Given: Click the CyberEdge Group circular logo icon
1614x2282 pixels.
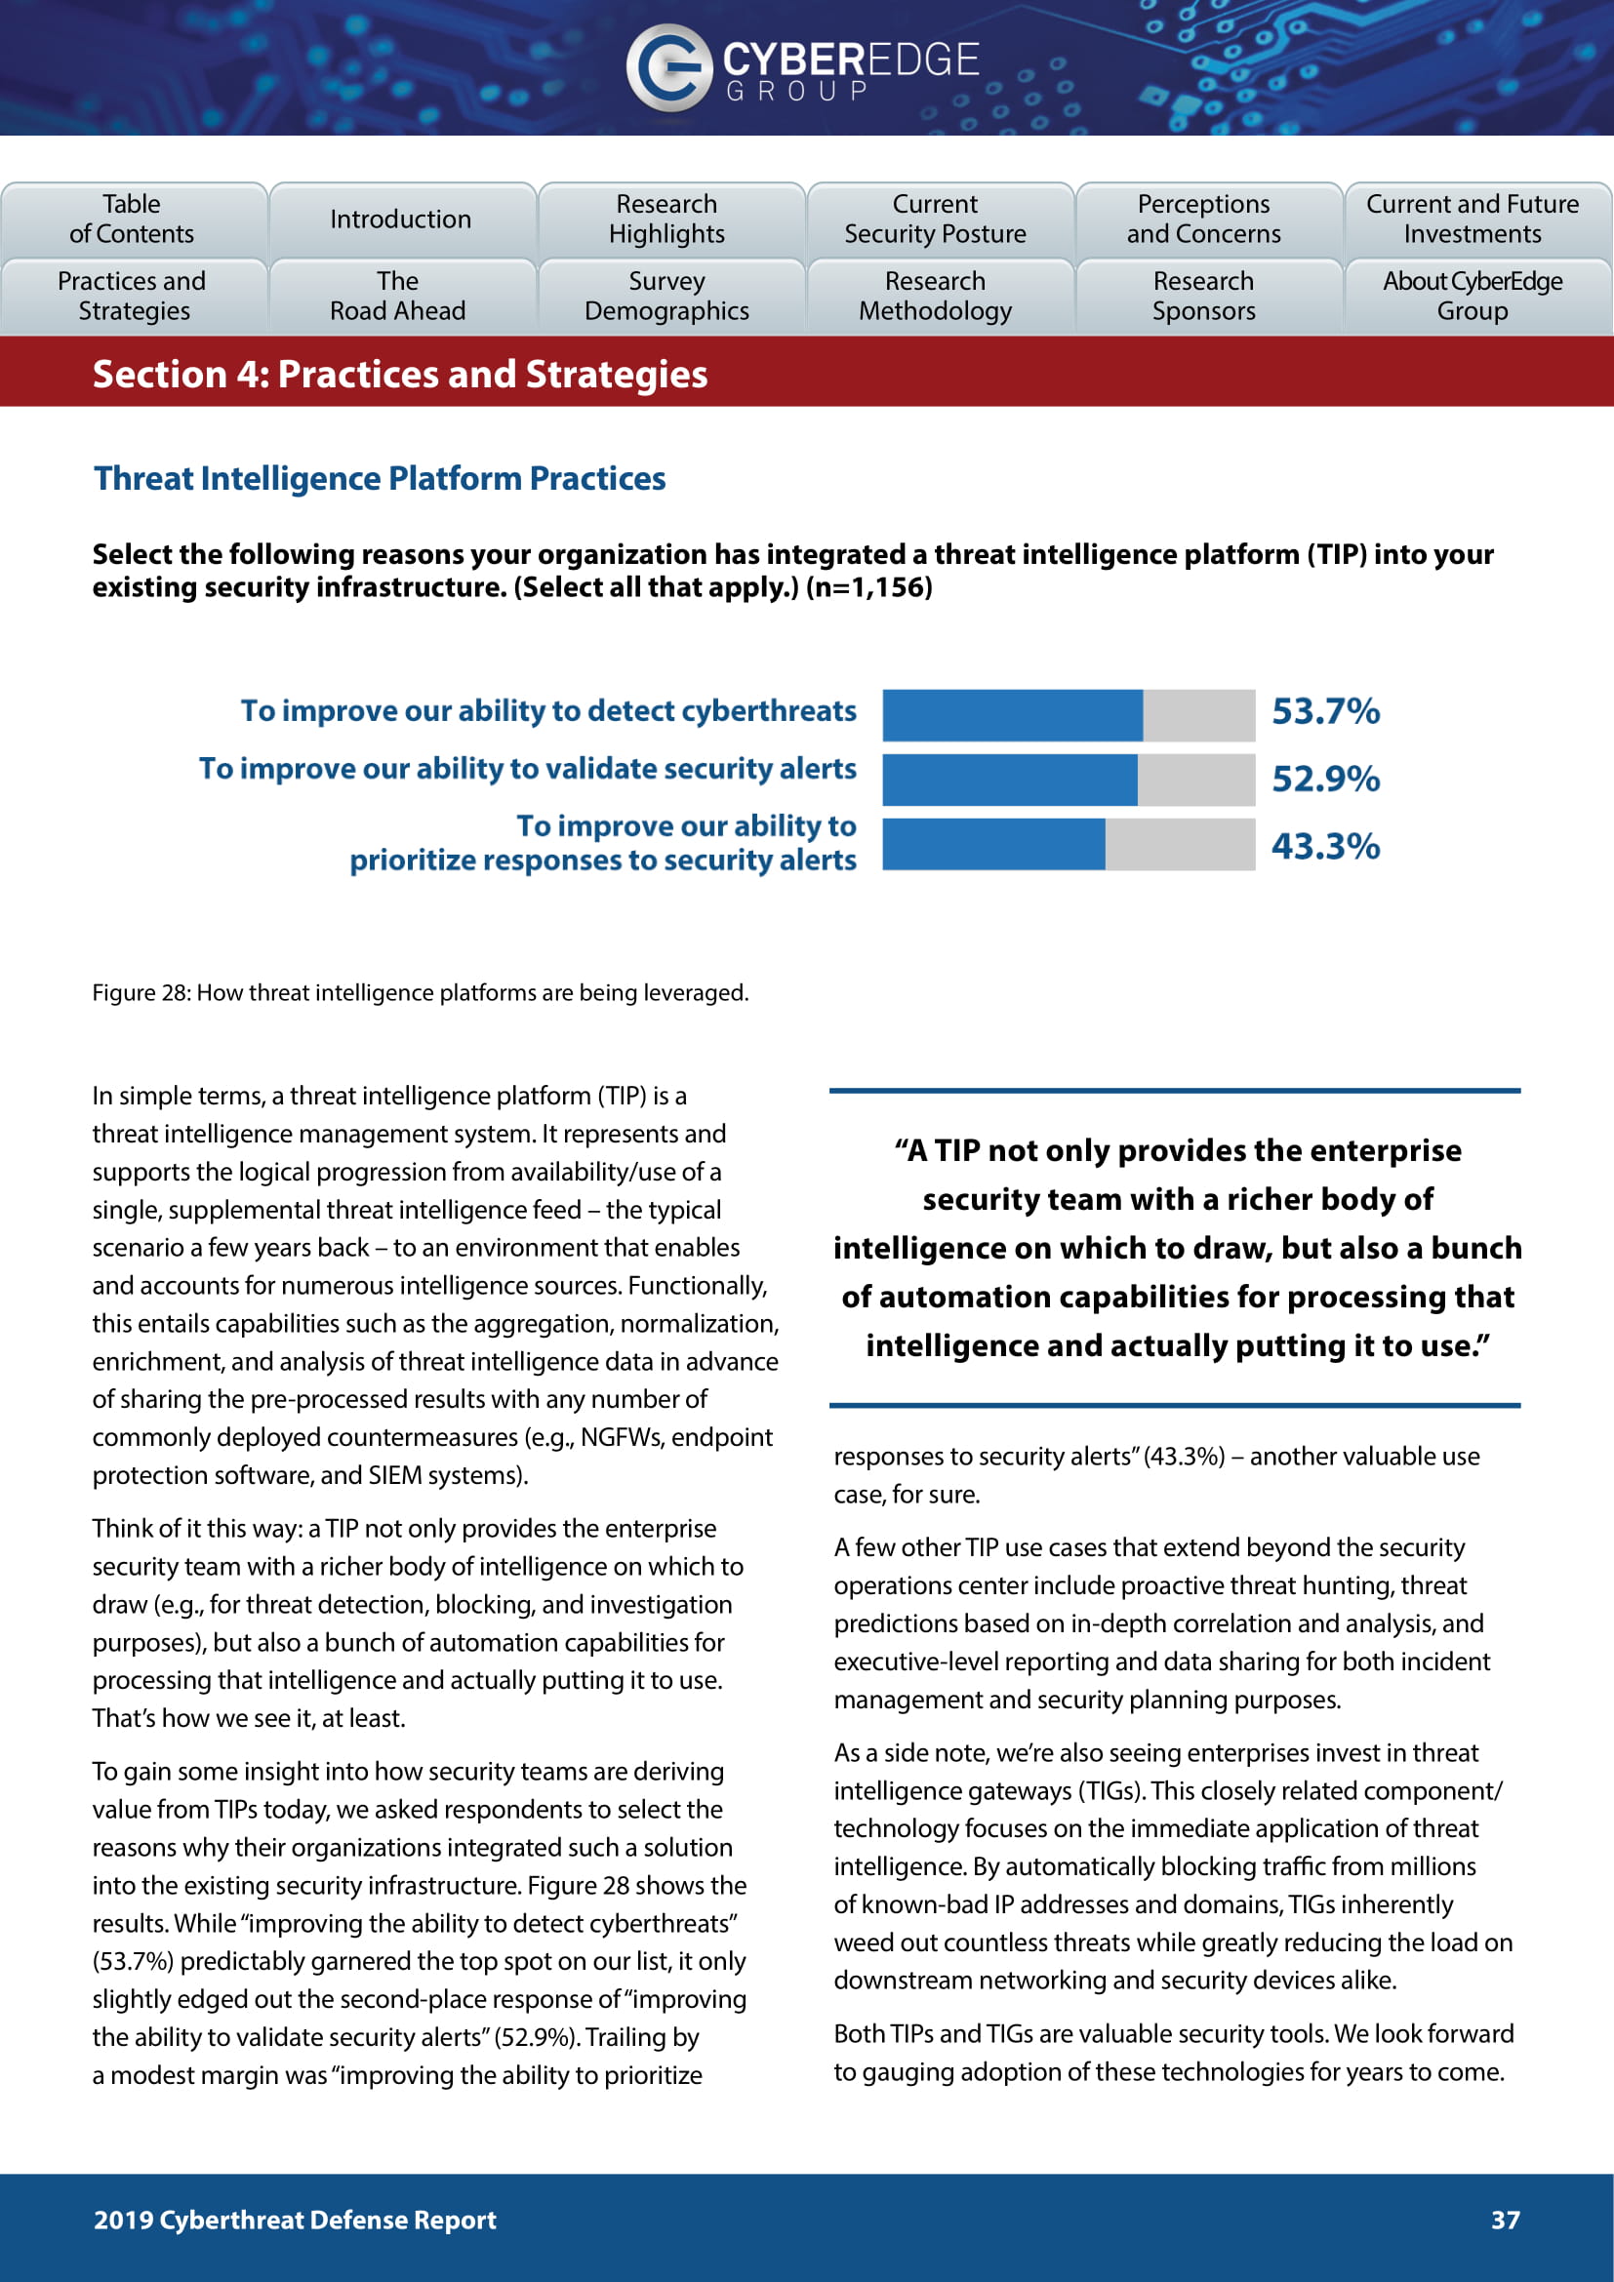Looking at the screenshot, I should coord(667,67).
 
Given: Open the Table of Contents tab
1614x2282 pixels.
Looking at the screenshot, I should coord(133,220).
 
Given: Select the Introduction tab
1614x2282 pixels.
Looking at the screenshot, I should coord(401,220).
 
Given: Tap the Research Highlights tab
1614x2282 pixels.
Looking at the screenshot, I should coord(667,220).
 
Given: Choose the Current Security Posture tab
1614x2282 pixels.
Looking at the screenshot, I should coord(936,220).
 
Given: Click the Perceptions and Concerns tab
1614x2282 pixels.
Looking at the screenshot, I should coord(1204,220).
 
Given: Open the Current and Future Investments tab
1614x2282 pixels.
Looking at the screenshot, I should coord(1473,220).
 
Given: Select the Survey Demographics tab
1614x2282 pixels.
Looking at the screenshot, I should coord(667,297).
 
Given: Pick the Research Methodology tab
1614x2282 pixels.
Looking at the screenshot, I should coord(936,297).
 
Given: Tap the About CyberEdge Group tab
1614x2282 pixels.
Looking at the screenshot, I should coord(1473,297).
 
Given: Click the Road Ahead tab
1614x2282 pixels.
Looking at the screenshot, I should coord(398,297).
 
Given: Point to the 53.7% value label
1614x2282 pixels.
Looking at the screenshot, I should coord(1326,711).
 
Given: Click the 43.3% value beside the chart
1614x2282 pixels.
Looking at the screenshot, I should coord(1326,847).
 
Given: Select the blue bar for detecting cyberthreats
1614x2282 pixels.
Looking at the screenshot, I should coord(1012,715).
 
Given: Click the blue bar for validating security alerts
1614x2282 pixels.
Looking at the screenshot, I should coord(1009,781).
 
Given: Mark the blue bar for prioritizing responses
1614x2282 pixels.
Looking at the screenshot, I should coord(992,845).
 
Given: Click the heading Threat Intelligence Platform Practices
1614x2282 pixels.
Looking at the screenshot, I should coord(380,479).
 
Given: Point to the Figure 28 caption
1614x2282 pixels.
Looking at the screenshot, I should coord(421,993).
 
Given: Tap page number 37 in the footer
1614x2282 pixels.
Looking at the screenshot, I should coord(1506,2221).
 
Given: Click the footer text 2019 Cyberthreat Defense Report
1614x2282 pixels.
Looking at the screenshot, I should coord(295,2221).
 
